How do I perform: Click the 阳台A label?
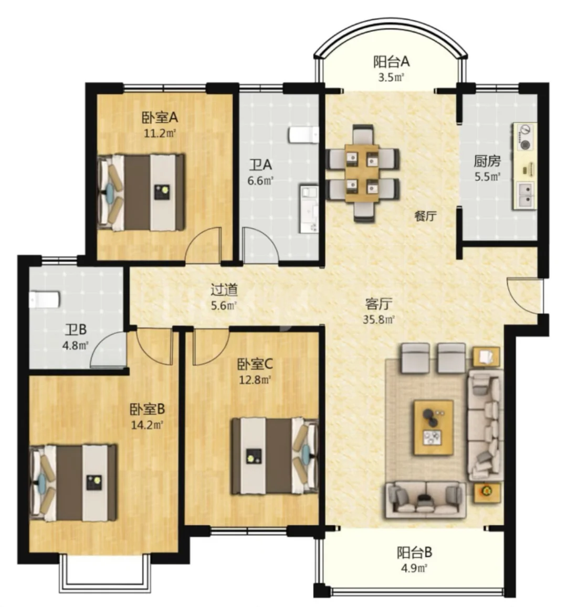391,61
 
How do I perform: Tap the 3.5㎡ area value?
391,78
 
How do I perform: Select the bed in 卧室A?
141,192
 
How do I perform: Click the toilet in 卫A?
303,135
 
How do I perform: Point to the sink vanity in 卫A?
309,209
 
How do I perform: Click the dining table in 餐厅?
362,172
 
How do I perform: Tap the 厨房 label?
487,160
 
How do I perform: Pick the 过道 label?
224,289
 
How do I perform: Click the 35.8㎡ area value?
379,320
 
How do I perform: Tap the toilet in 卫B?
44,299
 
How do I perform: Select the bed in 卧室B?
73,483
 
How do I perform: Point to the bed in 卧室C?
275,456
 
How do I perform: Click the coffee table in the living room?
434,427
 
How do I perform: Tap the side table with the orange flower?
486,492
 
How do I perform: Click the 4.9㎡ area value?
414,569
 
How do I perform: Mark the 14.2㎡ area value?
147,425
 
